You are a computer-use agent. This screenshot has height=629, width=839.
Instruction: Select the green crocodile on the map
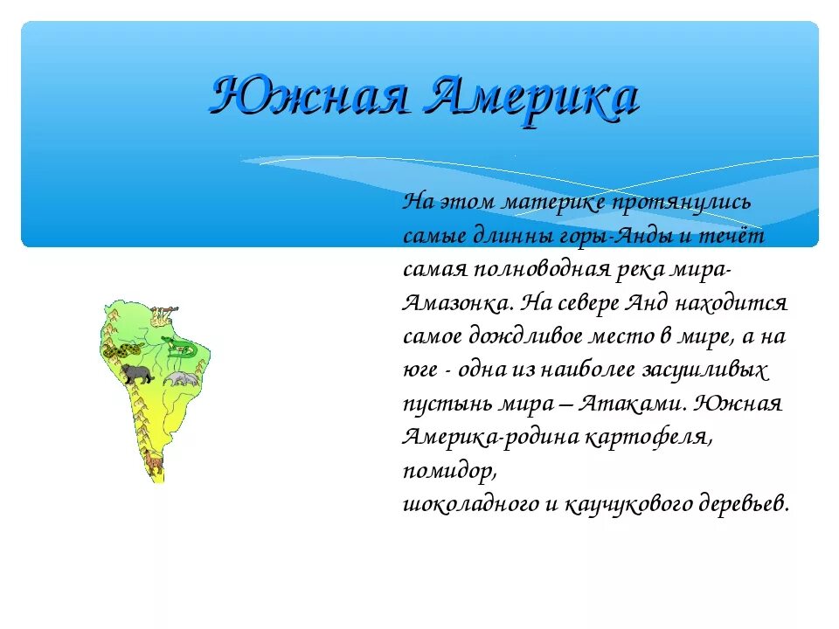[x=182, y=350]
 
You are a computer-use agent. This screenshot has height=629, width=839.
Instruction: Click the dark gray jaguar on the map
[x=135, y=375]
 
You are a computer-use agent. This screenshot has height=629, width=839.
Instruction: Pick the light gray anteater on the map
[x=183, y=378]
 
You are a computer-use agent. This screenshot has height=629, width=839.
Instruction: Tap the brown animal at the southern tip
[x=154, y=462]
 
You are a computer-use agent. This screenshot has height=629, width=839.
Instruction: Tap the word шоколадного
[x=470, y=504]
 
